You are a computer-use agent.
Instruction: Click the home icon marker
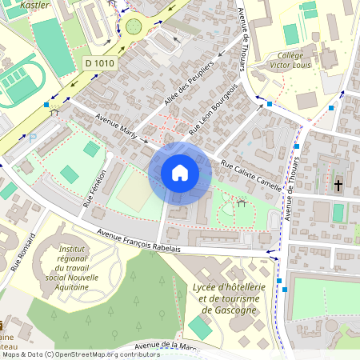(180, 173)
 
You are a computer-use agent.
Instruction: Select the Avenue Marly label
(120, 128)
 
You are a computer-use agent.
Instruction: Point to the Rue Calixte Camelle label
(251, 176)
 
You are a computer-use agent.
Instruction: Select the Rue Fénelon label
(94, 190)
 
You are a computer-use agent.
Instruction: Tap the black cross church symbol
(338, 186)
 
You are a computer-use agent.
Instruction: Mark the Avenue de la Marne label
(168, 346)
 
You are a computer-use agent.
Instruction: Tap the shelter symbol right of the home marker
(240, 203)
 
